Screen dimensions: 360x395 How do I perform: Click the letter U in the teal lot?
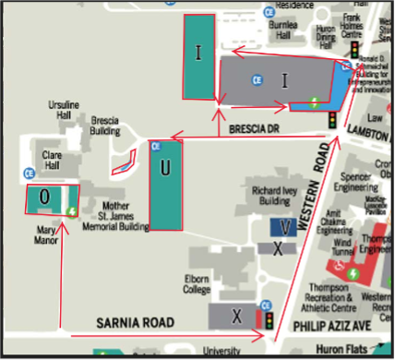pos(165,168)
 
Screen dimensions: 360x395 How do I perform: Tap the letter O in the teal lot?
pos(43,197)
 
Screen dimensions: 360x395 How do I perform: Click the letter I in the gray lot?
pos(285,80)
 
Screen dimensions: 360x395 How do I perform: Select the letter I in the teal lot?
pos(197,54)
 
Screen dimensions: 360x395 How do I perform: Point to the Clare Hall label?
pos(52,161)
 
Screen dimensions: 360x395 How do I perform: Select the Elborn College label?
pos(197,284)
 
